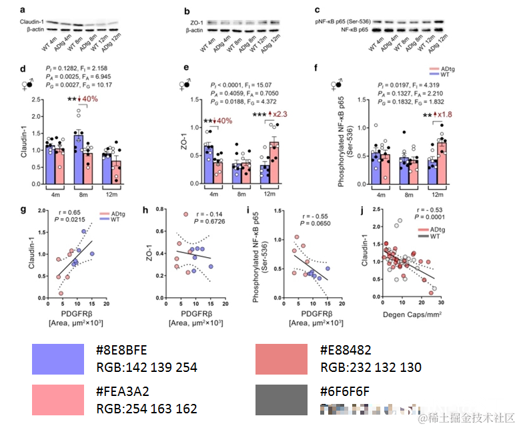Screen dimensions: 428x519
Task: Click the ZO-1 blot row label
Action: pyautogui.click(x=193, y=23)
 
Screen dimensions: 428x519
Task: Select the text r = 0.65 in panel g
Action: pyautogui.click(x=67, y=212)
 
